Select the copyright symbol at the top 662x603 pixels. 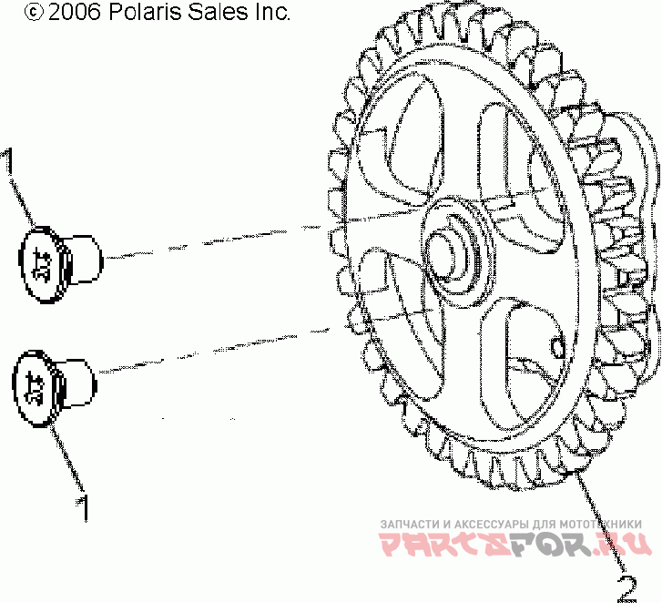[x=34, y=13]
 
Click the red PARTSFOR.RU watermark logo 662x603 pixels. [x=515, y=545]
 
